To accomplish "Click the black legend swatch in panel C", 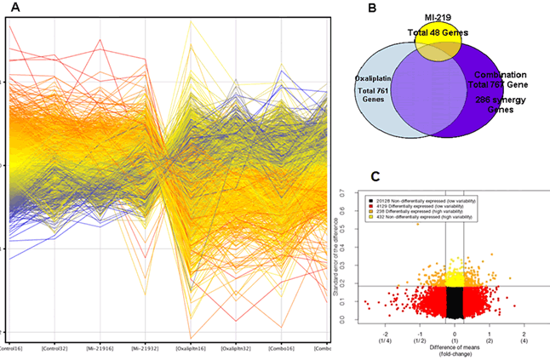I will pos(362,195).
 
